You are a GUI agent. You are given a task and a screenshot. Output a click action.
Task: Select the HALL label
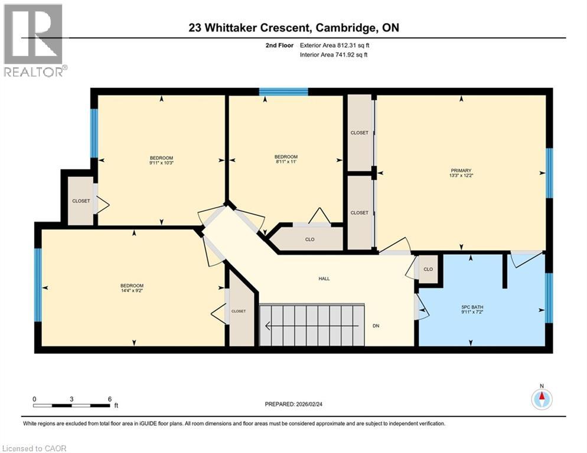(x=324, y=278)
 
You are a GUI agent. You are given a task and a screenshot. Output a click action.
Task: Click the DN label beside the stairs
(x=376, y=324)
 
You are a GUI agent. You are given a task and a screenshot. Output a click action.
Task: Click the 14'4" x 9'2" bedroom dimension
(x=132, y=290)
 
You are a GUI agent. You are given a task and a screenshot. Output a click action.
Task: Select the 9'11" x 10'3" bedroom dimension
(x=161, y=162)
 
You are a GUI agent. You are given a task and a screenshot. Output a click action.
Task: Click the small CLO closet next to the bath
(x=428, y=270)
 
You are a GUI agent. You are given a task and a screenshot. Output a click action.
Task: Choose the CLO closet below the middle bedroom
(x=309, y=239)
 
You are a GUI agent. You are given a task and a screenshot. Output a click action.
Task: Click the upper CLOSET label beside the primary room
(x=359, y=133)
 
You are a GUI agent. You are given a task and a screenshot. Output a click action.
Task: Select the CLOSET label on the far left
(x=81, y=201)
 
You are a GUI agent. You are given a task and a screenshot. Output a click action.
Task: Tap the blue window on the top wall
(x=283, y=91)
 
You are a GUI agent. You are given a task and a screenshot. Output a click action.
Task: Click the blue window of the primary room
(x=549, y=172)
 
